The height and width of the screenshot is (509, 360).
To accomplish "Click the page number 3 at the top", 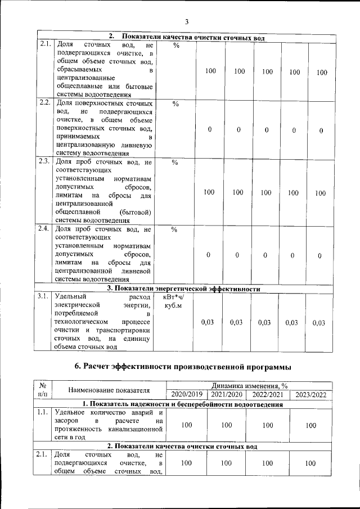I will coord(186,22).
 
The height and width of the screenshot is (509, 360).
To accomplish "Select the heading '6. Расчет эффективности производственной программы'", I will coord(183,367).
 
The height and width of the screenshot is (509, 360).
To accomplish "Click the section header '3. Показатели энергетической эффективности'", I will coord(183,289).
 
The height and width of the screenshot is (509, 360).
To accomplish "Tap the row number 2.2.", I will coord(44,103).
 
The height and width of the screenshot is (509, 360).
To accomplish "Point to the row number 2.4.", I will coord(44,229).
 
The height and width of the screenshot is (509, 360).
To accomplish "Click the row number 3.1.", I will coord(44,296).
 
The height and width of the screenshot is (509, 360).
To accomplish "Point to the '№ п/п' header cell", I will coord(43,390).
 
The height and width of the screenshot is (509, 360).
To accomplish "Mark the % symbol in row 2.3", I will coord(174,163).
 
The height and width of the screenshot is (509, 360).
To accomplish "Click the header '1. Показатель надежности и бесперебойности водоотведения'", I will coord(183,404).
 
